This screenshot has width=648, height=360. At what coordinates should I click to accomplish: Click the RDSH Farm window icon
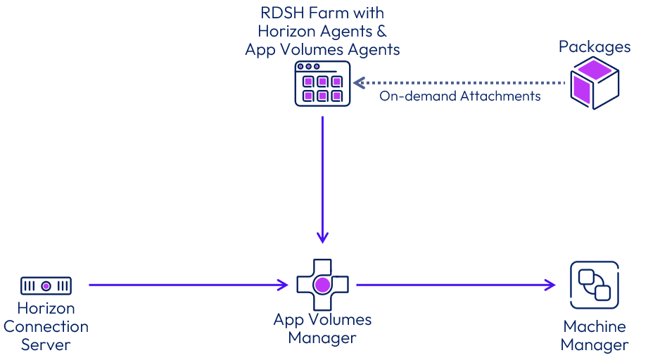click(322, 84)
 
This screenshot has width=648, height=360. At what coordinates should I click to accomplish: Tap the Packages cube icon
click(595, 83)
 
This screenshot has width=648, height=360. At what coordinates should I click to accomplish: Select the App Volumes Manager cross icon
click(322, 285)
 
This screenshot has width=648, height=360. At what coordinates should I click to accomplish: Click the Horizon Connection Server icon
click(46, 285)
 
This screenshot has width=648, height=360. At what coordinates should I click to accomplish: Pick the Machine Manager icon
click(594, 285)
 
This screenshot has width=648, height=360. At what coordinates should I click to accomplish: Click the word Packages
click(595, 47)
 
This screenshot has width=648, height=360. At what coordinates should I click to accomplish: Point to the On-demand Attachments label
click(460, 96)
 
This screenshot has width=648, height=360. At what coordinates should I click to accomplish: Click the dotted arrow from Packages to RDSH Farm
click(461, 83)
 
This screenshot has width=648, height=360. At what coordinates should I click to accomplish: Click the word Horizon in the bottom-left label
click(46, 309)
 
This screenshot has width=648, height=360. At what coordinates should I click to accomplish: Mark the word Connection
click(46, 327)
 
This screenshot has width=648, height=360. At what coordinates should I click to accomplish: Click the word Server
click(46, 345)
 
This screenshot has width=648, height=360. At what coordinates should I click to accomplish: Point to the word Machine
click(595, 327)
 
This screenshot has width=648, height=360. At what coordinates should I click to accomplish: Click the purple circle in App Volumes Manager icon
click(322, 285)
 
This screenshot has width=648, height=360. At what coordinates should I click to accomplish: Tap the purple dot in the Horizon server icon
click(46, 285)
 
